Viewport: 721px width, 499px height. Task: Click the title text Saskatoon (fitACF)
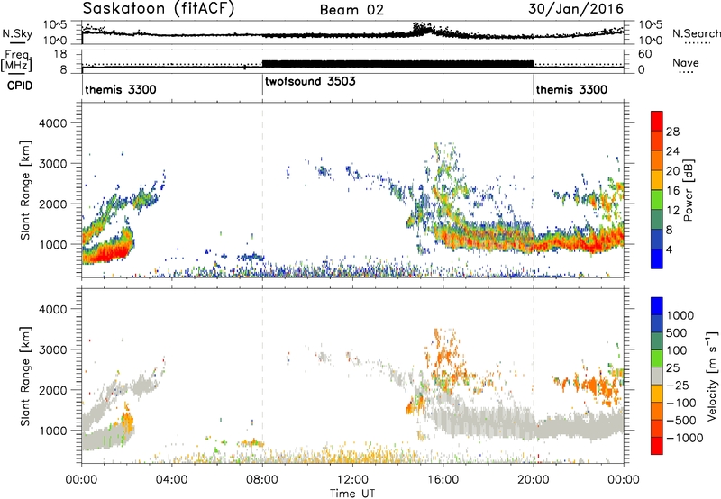[x=159, y=9]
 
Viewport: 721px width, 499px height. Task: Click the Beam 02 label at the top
[x=351, y=10]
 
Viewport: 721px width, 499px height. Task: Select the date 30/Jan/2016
[x=576, y=9]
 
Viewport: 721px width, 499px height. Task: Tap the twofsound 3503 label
[x=310, y=81]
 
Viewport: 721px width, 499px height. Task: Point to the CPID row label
[x=20, y=86]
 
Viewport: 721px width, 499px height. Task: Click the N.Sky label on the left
[x=17, y=33]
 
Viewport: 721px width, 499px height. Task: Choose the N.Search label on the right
[x=696, y=33]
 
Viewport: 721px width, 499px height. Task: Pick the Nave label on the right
[x=686, y=63]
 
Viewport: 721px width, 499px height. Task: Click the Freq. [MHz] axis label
[x=16, y=60]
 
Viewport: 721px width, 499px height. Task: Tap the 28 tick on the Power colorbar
[x=672, y=132]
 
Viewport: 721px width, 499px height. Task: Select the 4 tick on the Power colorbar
[x=670, y=250]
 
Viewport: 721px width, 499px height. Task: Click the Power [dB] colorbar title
[x=688, y=190]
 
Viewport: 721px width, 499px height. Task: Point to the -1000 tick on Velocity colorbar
[x=685, y=438]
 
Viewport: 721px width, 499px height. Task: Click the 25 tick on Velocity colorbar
[x=673, y=368]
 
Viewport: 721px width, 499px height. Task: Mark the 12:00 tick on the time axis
[x=352, y=480]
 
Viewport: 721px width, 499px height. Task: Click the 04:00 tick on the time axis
[x=172, y=480]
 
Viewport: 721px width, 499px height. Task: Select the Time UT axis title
[x=352, y=494]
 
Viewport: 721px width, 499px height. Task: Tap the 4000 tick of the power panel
[x=52, y=123]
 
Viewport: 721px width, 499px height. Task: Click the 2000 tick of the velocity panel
[x=52, y=390]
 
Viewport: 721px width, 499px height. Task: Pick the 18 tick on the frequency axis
[x=60, y=54]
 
